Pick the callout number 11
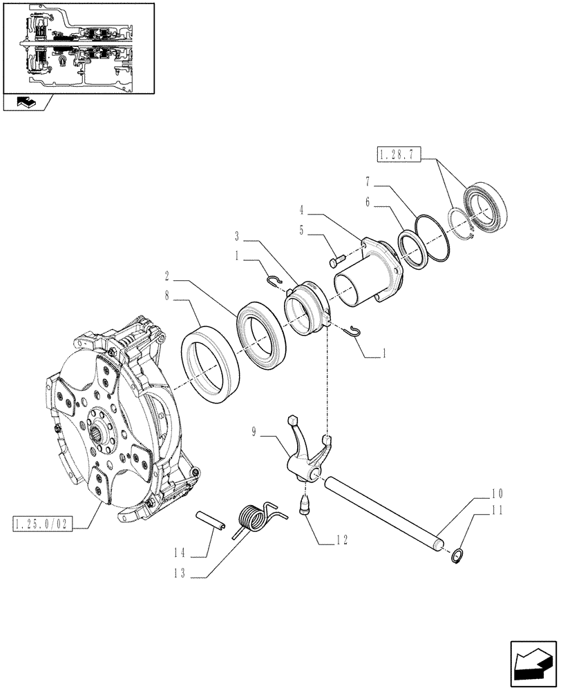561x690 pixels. pyautogui.click(x=497, y=511)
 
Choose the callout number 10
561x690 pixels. pyautogui.click(x=497, y=494)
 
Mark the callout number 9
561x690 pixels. pyautogui.click(x=255, y=433)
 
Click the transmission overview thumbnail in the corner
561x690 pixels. pyautogui.click(x=77, y=48)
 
